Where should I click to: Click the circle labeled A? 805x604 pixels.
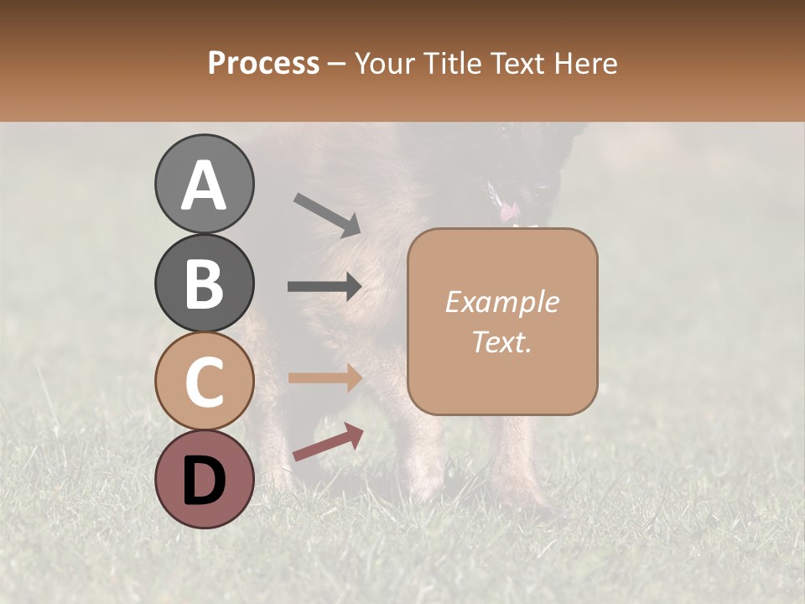point(204,184)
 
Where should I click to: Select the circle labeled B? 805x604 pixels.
point(204,283)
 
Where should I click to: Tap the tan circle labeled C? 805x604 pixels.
point(204,382)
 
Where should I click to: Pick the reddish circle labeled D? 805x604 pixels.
point(204,480)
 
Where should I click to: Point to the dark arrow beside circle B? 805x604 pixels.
point(325,286)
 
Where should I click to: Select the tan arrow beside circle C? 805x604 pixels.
point(325,377)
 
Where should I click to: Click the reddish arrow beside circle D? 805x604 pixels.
point(328,442)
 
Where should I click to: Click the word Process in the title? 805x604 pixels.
point(263,64)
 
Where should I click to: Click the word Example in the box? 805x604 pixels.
point(501,302)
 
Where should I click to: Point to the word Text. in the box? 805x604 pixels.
point(501,341)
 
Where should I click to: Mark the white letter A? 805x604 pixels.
point(204,185)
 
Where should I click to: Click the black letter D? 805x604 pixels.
point(204,481)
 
